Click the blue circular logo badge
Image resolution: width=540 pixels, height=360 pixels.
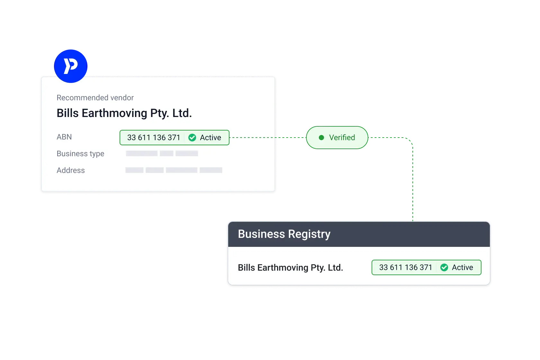[71, 66]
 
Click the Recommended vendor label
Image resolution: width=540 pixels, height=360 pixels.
[95, 98]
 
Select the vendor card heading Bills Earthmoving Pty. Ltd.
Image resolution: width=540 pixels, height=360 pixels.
[124, 113]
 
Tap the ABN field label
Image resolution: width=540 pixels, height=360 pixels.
[64, 137]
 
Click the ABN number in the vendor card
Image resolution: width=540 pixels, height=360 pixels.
[154, 138]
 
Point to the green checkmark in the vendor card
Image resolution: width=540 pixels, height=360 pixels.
[192, 138]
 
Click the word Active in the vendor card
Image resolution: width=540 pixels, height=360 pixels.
[211, 138]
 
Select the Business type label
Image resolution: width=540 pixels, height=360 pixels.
[80, 154]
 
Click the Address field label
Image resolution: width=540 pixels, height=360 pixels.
[71, 170]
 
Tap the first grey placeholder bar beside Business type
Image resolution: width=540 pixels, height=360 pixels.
[142, 153]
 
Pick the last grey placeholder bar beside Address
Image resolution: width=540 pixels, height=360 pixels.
[211, 170]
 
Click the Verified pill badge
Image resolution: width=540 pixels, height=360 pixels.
[337, 138]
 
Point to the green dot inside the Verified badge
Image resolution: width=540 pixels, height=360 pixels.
[321, 138]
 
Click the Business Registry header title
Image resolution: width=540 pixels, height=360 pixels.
[284, 234]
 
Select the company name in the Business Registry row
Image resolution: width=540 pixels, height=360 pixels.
[291, 267]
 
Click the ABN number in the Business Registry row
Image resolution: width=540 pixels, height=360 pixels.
[406, 267]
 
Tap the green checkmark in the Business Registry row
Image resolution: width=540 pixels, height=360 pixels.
[444, 267]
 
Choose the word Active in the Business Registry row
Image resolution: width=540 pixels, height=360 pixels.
[463, 267]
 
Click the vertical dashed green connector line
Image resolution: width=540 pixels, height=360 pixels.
[412, 180]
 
